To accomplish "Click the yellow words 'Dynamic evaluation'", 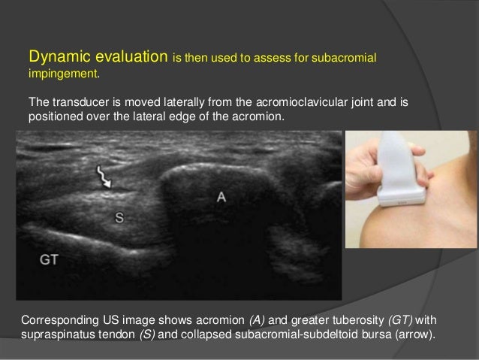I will (x=98, y=57).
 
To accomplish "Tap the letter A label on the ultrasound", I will (x=221, y=197).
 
